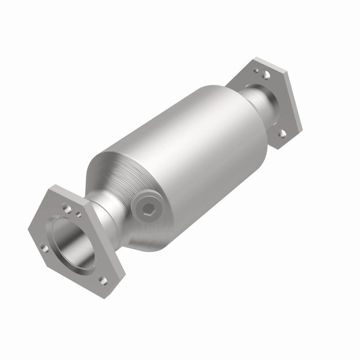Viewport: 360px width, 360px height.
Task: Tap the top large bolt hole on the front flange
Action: (x=67, y=208)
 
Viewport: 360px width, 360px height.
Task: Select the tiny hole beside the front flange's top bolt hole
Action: (x=78, y=214)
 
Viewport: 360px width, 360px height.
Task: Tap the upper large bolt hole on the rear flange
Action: (x=266, y=75)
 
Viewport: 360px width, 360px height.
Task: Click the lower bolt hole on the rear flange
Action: (x=282, y=134)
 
